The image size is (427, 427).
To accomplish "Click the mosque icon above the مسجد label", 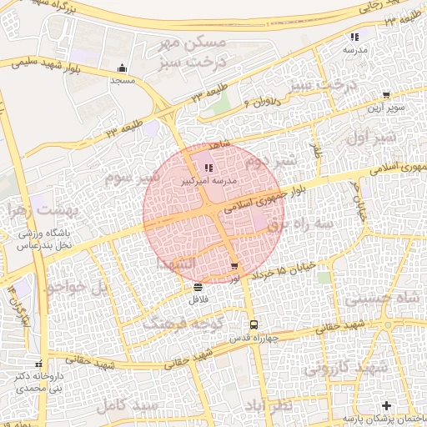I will click(x=123, y=69).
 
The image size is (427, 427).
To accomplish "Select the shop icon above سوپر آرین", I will click(x=385, y=96).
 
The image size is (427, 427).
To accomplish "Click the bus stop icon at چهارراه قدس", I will click(x=254, y=325).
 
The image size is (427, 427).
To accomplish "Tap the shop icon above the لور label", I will click(x=234, y=267).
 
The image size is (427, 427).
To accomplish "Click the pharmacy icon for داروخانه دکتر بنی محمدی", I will click(x=38, y=364).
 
